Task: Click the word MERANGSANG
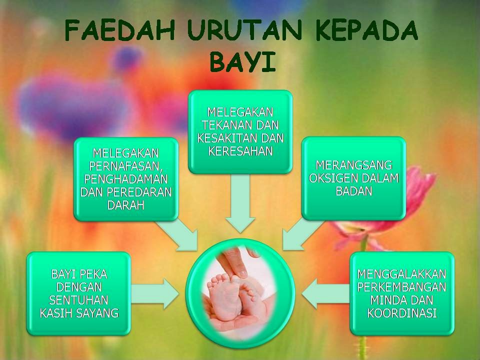click(x=353, y=165)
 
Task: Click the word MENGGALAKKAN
click(x=402, y=274)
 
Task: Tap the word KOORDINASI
click(x=402, y=313)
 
